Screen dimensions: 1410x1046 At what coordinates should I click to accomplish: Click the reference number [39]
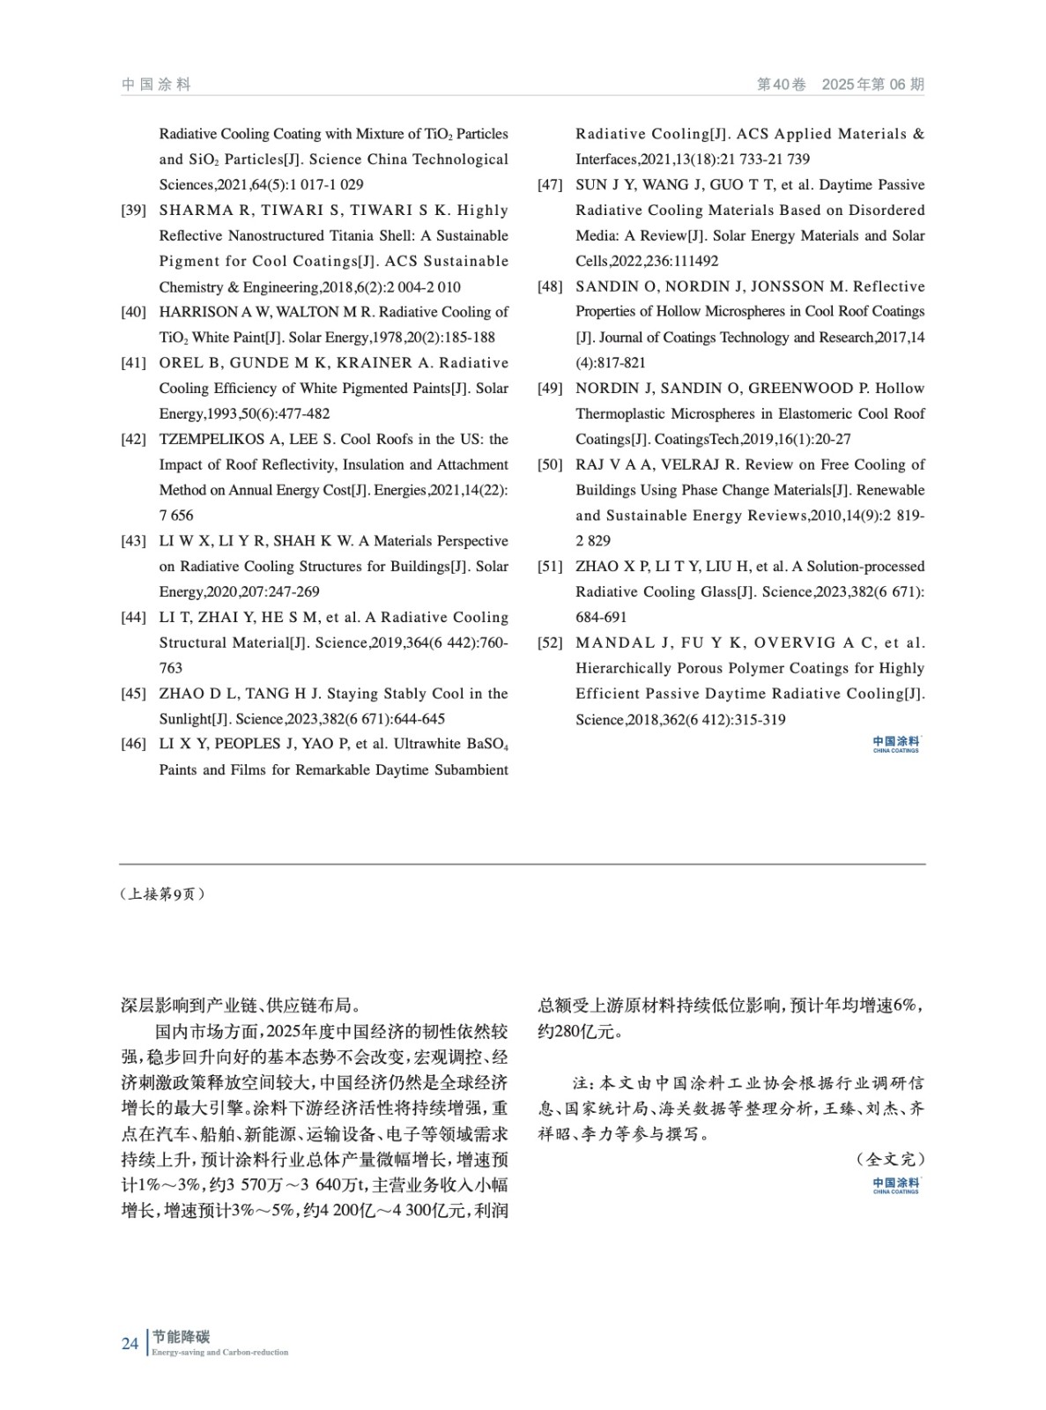133,211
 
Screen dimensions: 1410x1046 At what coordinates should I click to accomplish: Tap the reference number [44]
133,618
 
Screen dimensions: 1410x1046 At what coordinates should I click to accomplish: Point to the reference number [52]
550,643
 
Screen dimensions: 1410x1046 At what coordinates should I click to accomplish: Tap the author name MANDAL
615,643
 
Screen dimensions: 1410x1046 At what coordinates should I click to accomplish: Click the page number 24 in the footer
130,1343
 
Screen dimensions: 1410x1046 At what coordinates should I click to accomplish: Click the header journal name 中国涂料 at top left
156,85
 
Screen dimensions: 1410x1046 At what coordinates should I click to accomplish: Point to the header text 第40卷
782,85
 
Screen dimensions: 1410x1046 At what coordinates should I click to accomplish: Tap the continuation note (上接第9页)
162,894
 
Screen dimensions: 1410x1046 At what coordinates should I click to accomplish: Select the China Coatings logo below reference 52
895,745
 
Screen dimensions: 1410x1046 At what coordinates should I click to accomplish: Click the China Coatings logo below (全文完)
895,1185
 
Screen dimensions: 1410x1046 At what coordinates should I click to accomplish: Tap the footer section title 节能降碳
181,1337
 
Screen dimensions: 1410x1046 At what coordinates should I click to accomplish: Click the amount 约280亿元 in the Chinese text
576,1031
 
